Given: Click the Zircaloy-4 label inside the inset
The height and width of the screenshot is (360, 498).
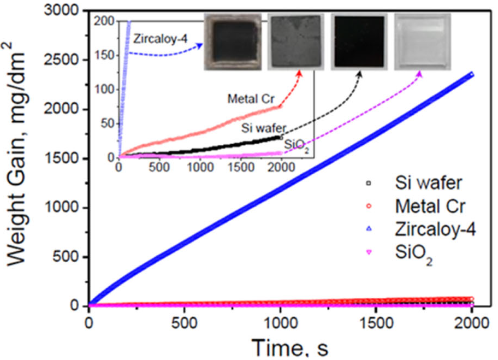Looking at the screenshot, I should coord(158,39).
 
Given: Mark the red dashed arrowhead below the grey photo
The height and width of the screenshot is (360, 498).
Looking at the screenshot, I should coord(300,73).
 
